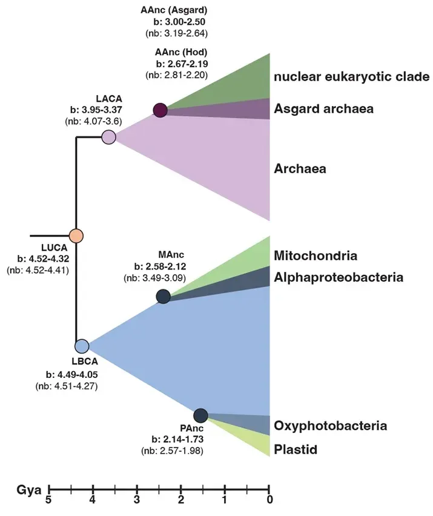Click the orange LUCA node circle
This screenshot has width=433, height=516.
point(76,236)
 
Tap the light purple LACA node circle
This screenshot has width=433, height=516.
point(108,137)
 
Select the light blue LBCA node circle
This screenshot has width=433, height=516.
point(82,346)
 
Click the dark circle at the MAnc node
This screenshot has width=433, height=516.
point(163,296)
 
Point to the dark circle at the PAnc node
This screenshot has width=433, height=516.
point(200,415)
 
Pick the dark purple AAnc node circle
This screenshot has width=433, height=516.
point(160,110)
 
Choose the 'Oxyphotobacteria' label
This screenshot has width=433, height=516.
point(330,426)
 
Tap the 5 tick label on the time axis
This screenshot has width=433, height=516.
point(49,500)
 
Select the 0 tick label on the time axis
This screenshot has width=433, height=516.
point(269,500)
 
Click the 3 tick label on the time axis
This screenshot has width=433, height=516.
point(137,500)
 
